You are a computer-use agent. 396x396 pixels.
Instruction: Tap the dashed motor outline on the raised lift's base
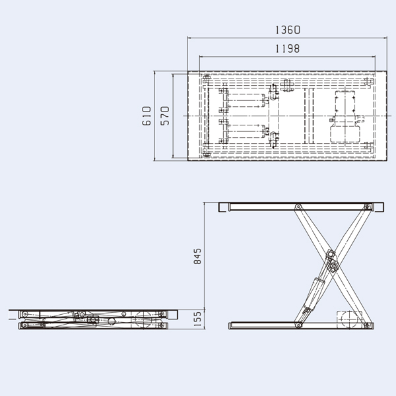350,316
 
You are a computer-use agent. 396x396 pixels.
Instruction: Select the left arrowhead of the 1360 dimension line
191,38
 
